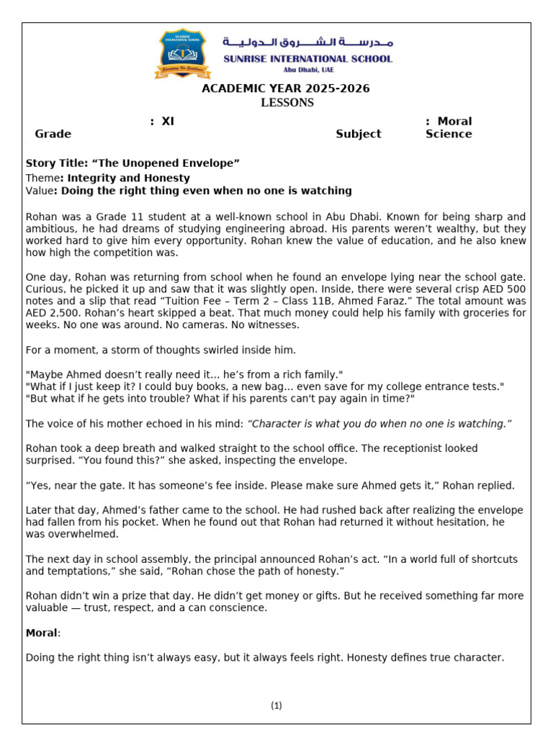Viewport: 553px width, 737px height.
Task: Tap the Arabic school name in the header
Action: [x=307, y=42]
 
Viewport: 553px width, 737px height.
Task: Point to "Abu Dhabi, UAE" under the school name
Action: [x=307, y=71]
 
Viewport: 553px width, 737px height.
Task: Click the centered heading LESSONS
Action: [x=287, y=103]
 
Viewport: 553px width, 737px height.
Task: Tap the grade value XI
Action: [x=168, y=122]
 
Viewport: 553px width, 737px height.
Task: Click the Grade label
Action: [x=53, y=134]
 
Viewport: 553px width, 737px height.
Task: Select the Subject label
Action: [x=358, y=134]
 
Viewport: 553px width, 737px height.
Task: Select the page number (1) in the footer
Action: [x=276, y=705]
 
